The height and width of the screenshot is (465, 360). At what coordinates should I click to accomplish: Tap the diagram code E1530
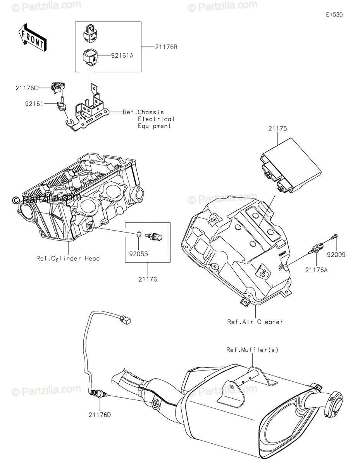[x=334, y=15]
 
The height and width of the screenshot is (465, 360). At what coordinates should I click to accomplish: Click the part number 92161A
[x=122, y=56]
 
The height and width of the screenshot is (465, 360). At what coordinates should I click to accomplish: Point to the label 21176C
[x=26, y=88]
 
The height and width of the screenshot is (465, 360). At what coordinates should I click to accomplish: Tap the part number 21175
[x=277, y=129]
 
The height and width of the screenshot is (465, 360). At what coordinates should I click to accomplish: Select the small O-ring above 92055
[x=138, y=234]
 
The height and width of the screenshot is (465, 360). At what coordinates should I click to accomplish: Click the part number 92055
[x=138, y=254]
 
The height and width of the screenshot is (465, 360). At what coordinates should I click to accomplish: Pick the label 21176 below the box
[x=148, y=279]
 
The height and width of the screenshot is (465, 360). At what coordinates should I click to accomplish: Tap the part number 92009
[x=336, y=255]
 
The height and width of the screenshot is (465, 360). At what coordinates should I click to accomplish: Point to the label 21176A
[x=316, y=270]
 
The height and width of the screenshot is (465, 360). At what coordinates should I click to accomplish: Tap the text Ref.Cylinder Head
[x=68, y=259]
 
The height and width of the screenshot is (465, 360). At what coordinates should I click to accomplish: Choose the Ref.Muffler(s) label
[x=252, y=350]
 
